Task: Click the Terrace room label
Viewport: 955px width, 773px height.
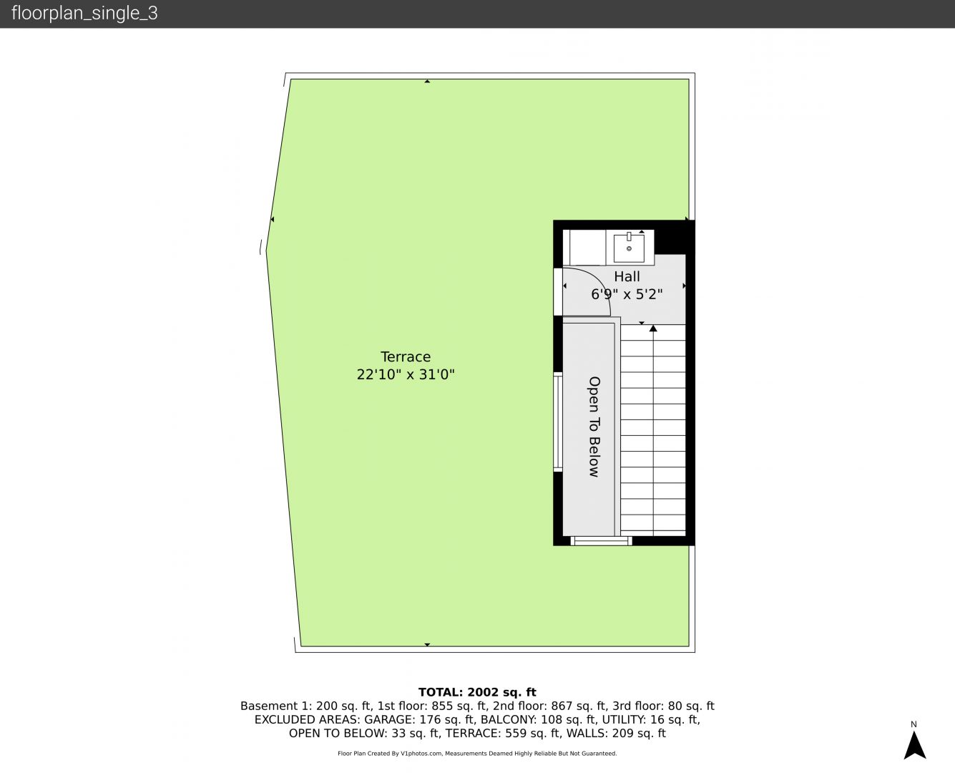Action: pyautogui.click(x=406, y=356)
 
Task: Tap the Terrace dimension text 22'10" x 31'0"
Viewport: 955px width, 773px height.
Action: pyautogui.click(x=406, y=374)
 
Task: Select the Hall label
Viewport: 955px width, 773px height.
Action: pyautogui.click(x=627, y=276)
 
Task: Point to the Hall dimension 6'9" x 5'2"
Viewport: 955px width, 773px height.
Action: pyautogui.click(x=627, y=294)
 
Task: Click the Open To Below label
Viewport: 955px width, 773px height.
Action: pyautogui.click(x=594, y=427)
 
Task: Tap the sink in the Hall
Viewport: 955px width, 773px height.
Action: pyautogui.click(x=629, y=248)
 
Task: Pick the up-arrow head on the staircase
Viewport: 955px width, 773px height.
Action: pyautogui.click(x=653, y=329)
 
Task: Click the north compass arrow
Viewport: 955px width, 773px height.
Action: pyautogui.click(x=914, y=745)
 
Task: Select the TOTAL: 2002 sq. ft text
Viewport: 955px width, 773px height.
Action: pyautogui.click(x=477, y=692)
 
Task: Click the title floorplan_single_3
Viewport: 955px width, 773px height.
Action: pyautogui.click(x=84, y=14)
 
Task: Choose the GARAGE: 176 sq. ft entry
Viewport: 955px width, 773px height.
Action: pyautogui.click(x=419, y=720)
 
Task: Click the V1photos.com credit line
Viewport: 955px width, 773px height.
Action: pyautogui.click(x=477, y=754)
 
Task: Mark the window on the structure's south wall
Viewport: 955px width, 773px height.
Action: pyautogui.click(x=601, y=541)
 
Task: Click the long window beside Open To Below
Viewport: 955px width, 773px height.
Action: pyautogui.click(x=558, y=422)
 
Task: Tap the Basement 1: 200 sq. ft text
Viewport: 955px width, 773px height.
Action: pyautogui.click(x=305, y=706)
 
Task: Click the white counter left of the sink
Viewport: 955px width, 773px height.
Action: pyautogui.click(x=584, y=247)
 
